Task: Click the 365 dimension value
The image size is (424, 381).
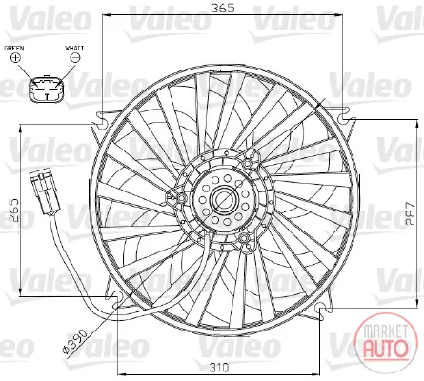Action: coord(223,8)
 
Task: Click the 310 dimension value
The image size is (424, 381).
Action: coord(219,368)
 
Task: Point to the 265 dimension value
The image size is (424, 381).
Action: coord(14,210)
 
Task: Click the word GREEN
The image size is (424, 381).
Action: coord(14,49)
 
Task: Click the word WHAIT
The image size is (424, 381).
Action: coord(74,49)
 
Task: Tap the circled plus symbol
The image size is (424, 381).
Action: coord(15,57)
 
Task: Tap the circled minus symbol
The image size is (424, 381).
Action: coord(75,57)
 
